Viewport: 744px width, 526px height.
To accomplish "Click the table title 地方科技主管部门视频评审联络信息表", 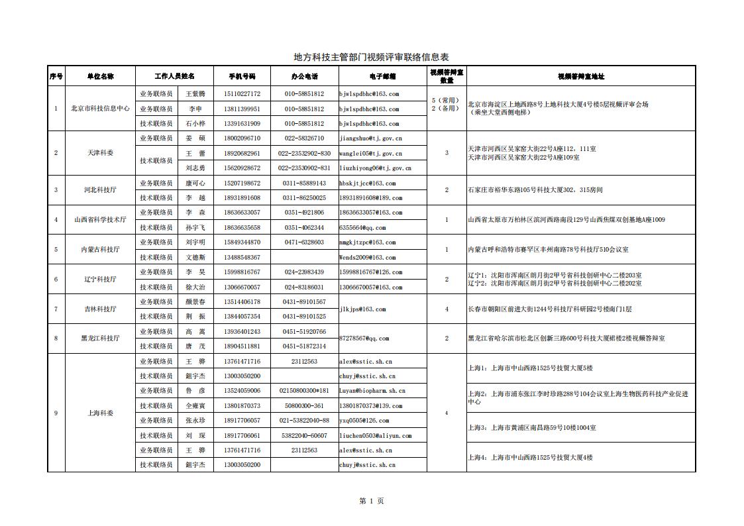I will [x=371, y=58].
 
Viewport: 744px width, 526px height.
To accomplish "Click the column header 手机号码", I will [x=242, y=76].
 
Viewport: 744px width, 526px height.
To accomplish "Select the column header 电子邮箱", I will [x=382, y=76].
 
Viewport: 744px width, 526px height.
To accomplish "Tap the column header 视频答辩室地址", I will [x=581, y=76].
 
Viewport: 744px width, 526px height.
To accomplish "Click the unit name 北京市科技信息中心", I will [x=101, y=109].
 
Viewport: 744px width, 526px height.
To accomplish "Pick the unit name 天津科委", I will [x=101, y=153].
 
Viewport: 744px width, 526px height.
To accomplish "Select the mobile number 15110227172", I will [x=242, y=94].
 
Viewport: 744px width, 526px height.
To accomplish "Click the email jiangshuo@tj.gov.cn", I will [x=371, y=138].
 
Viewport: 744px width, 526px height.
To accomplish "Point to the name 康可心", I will [x=195, y=183].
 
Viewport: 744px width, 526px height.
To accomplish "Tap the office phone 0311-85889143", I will [x=304, y=183].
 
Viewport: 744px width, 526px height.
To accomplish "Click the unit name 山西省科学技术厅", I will [x=101, y=220].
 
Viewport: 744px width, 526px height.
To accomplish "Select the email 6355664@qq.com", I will [x=362, y=227].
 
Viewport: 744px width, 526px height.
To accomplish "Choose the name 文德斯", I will [x=195, y=257].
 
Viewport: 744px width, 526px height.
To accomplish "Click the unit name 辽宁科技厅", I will [x=101, y=280].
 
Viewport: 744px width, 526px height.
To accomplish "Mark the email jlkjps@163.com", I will [x=362, y=309].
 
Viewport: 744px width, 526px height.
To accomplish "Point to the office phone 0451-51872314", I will [x=304, y=346].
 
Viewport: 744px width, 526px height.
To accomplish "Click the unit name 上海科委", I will [x=101, y=413].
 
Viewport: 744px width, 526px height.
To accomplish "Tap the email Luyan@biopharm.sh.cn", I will [x=372, y=391].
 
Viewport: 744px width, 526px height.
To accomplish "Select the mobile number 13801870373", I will [x=242, y=405].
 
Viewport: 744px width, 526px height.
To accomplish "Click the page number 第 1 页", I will [x=371, y=501].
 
